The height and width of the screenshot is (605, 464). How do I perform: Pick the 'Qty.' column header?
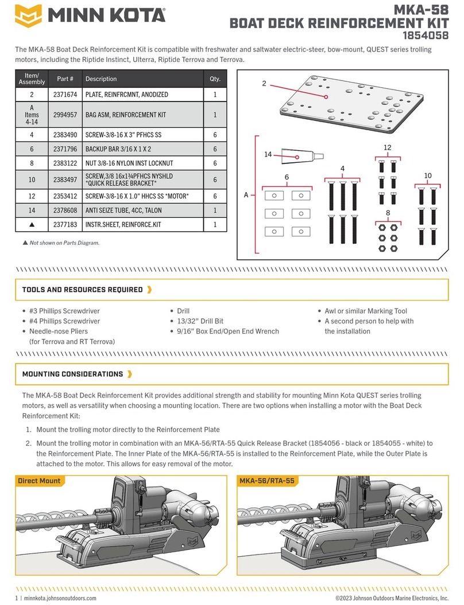click(215, 79)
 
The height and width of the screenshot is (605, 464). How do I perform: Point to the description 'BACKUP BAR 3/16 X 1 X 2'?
click(121, 149)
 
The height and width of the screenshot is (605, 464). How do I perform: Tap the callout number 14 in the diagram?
click(268, 154)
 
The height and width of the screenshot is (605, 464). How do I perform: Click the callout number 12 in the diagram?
click(387, 148)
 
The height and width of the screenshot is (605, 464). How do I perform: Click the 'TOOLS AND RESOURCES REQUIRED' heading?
click(82, 290)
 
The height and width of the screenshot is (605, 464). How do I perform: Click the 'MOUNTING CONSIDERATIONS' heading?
click(72, 374)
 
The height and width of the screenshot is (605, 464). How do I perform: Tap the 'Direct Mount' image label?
click(39, 481)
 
